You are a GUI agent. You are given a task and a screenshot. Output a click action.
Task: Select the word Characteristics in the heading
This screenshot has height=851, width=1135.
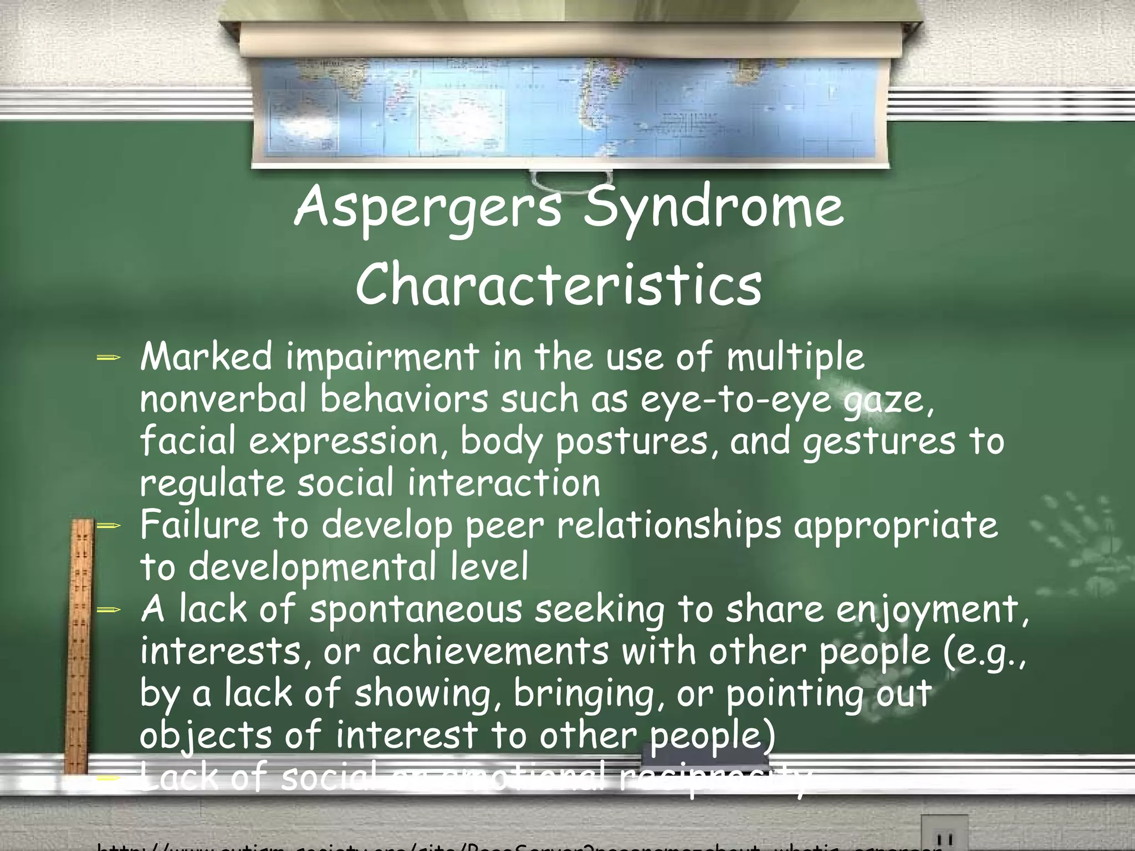[559, 285]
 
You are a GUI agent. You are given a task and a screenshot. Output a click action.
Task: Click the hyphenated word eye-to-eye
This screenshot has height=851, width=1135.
[736, 400]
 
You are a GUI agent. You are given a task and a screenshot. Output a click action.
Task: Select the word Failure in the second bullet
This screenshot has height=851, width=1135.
[200, 525]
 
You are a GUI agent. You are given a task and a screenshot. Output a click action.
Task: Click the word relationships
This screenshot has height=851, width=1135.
[669, 526]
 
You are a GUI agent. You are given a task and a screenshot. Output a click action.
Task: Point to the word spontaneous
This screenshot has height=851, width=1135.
[416, 609]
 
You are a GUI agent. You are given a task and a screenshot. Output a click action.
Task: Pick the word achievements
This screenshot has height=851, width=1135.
[490, 651]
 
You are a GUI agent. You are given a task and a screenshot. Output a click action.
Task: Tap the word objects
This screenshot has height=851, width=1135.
[205, 736]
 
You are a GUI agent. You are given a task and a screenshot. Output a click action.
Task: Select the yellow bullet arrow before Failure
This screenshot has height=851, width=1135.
[108, 526]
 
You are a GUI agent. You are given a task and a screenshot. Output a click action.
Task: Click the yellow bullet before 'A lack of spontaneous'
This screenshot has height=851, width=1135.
[108, 610]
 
